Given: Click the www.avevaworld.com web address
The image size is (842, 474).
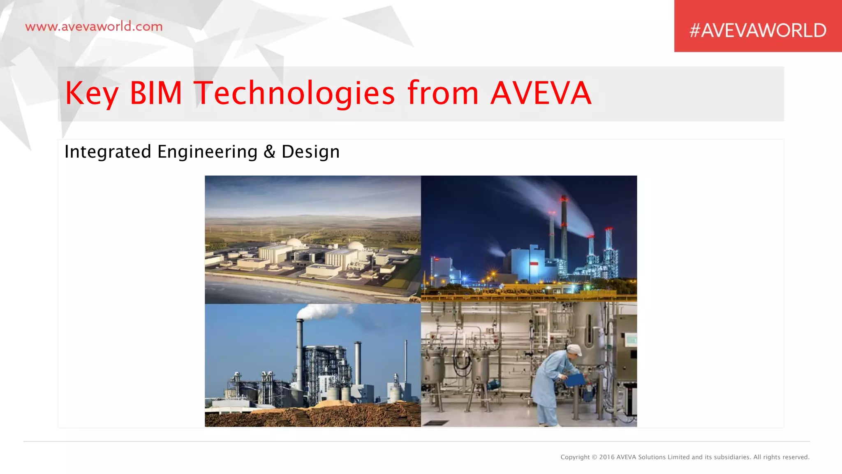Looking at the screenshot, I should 94,27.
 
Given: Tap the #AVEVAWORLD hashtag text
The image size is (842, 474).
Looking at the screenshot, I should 758,30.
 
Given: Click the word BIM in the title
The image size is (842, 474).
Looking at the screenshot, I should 156,93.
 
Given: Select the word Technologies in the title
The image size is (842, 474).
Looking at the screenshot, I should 294,93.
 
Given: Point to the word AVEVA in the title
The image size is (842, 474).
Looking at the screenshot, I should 541,93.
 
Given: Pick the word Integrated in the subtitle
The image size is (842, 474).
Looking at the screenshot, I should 108,152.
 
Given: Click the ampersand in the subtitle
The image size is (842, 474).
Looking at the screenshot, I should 269,152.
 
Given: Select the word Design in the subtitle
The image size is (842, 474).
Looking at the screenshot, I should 310,152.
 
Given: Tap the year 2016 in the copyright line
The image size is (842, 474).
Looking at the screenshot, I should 607,457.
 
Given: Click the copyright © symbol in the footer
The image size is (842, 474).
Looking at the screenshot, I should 594,457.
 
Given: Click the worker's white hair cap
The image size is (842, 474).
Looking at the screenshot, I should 574,350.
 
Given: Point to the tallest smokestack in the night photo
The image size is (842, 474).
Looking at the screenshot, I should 564,230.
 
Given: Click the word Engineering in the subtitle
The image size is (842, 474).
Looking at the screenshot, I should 207,152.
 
